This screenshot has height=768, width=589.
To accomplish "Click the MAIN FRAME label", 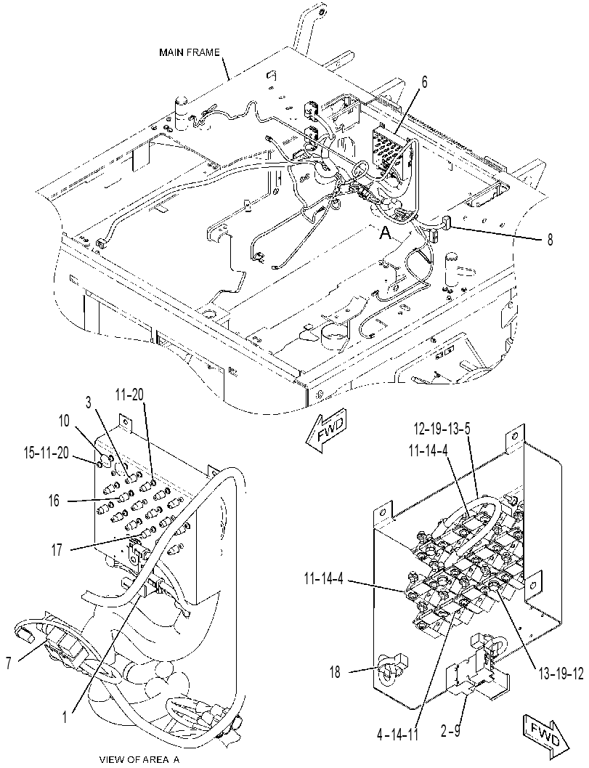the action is tap(190, 52).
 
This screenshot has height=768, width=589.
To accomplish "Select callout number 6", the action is tap(424, 83).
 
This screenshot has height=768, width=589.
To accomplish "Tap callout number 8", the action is tap(551, 240).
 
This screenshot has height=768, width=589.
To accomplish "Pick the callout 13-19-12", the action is tap(560, 674).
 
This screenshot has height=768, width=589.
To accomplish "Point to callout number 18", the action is tap(335, 672).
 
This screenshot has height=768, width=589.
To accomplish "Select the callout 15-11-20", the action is tap(46, 453).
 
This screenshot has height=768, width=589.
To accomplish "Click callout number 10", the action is tap(64, 421).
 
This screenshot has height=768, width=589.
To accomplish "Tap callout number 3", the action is tap(88, 403).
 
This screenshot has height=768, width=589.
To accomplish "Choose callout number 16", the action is tap(54, 501).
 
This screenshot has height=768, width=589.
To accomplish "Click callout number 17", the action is tap(57, 550).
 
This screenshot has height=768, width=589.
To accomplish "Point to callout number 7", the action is tap(8, 663).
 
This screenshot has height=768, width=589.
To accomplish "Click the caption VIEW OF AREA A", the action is tap(139, 760).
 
